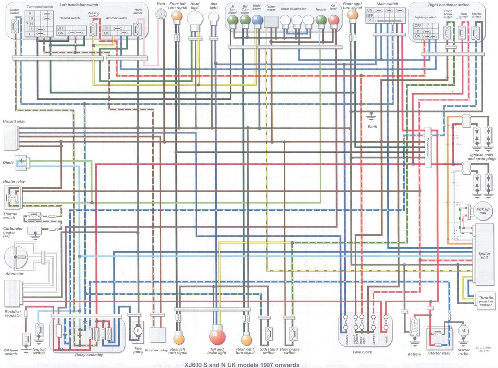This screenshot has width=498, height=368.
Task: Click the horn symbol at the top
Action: pyautogui.click(x=160, y=15)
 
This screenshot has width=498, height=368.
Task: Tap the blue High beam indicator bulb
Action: pyautogui.click(x=257, y=20)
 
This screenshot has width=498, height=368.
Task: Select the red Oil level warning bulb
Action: pyautogui.click(x=334, y=20)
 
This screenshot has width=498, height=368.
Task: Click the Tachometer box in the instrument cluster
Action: pyautogui.click(x=271, y=21)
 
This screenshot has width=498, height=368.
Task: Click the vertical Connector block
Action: pyautogui.click(x=428, y=147)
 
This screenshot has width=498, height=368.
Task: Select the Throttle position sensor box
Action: pyautogui.click(x=485, y=301)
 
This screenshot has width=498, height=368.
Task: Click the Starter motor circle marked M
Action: pyautogui.click(x=463, y=331)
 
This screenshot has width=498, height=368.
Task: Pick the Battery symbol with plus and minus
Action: pyautogui.click(x=415, y=326)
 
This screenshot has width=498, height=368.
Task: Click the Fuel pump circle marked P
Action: pyautogui.click(x=138, y=330)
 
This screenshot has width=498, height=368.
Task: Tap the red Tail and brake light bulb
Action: pyautogui.click(x=217, y=336)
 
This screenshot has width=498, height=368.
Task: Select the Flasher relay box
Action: pyautogui.click(x=158, y=335)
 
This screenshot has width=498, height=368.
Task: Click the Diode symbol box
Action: pyautogui.click(x=22, y=162)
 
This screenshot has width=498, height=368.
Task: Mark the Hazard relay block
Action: pyautogui.click(x=11, y=137)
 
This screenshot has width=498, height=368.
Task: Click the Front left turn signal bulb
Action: pyautogui.click(x=177, y=16)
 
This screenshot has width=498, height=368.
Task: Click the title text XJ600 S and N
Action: pyautogui.click(x=238, y=364)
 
